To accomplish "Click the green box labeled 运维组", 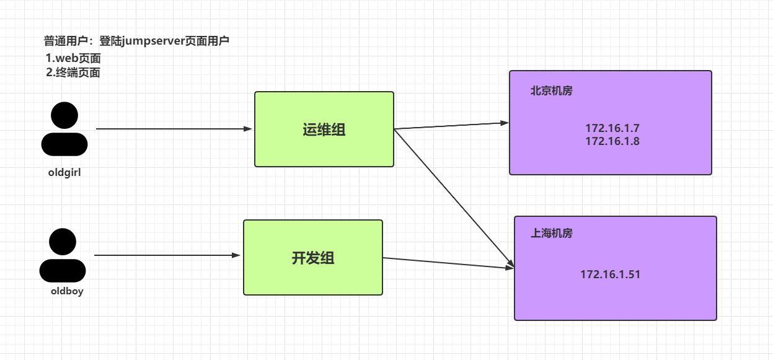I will [x=324, y=130].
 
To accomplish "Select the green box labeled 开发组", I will [x=312, y=258].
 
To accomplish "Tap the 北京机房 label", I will [x=551, y=90].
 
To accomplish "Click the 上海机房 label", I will [x=551, y=234].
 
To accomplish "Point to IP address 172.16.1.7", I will [x=612, y=128].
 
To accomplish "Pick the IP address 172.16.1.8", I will [x=612, y=141].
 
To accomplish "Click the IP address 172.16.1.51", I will [x=610, y=274].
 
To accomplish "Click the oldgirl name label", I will [x=64, y=173].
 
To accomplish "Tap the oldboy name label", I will [x=67, y=291].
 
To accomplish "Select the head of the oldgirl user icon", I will [x=64, y=115].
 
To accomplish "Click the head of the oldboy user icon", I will [x=63, y=242].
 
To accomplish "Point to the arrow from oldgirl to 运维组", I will [x=174, y=129].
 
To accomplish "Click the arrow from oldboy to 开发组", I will [x=167, y=255].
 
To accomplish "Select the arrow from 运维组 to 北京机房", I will [x=451, y=126].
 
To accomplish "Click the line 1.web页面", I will [x=73, y=58].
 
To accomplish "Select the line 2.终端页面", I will [x=73, y=72].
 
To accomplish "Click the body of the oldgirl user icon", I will [x=64, y=144].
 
